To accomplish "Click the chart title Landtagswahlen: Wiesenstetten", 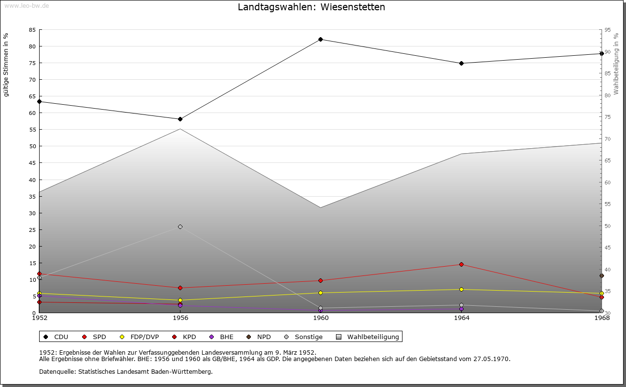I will click(x=311, y=7).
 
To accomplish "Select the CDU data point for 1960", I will click(x=321, y=39).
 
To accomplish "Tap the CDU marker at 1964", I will click(x=461, y=63).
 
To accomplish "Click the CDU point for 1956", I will click(x=180, y=119).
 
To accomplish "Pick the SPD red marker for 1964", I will click(x=461, y=265).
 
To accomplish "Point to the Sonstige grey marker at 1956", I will click(x=180, y=227).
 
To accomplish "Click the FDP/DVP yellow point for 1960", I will click(x=321, y=293).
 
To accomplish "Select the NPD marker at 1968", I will click(x=602, y=275).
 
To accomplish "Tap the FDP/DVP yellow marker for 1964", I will click(x=461, y=289).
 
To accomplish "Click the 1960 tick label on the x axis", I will click(x=321, y=318).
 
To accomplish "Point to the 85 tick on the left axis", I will click(x=32, y=30).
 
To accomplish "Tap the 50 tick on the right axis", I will click(x=608, y=226).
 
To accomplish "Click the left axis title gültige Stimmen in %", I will click(x=6, y=65).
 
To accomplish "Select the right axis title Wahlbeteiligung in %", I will click(x=616, y=64).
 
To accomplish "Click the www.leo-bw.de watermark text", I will click(x=26, y=5).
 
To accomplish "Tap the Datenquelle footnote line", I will click(x=126, y=371).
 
